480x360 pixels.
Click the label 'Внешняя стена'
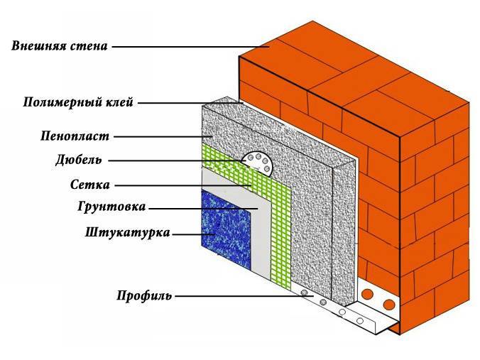pyautogui.click(x=60, y=46)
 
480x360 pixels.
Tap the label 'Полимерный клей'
pyautogui.click(x=78, y=102)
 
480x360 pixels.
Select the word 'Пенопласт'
pyautogui.click(x=75, y=136)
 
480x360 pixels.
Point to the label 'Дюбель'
pyautogui.click(x=78, y=160)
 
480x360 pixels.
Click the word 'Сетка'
pyautogui.click(x=89, y=185)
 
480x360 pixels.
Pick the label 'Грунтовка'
pyautogui.click(x=111, y=207)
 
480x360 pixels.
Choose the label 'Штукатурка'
pyautogui.click(x=127, y=233)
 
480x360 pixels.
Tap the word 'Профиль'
pyautogui.click(x=144, y=296)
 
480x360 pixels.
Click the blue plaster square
pyautogui.click(x=226, y=229)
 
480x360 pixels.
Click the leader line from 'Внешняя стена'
pyautogui.click(x=190, y=47)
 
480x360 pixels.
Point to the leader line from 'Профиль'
pyautogui.click(x=244, y=296)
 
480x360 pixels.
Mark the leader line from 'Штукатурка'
pyautogui.click(x=194, y=234)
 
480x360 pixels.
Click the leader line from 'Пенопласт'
pyautogui.click(x=163, y=136)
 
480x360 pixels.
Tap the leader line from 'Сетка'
pyautogui.click(x=183, y=185)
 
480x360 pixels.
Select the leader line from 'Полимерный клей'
pyautogui.click(x=190, y=103)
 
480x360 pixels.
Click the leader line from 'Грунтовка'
pyautogui.click(x=203, y=209)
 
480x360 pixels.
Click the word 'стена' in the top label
pyautogui.click(x=89, y=46)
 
